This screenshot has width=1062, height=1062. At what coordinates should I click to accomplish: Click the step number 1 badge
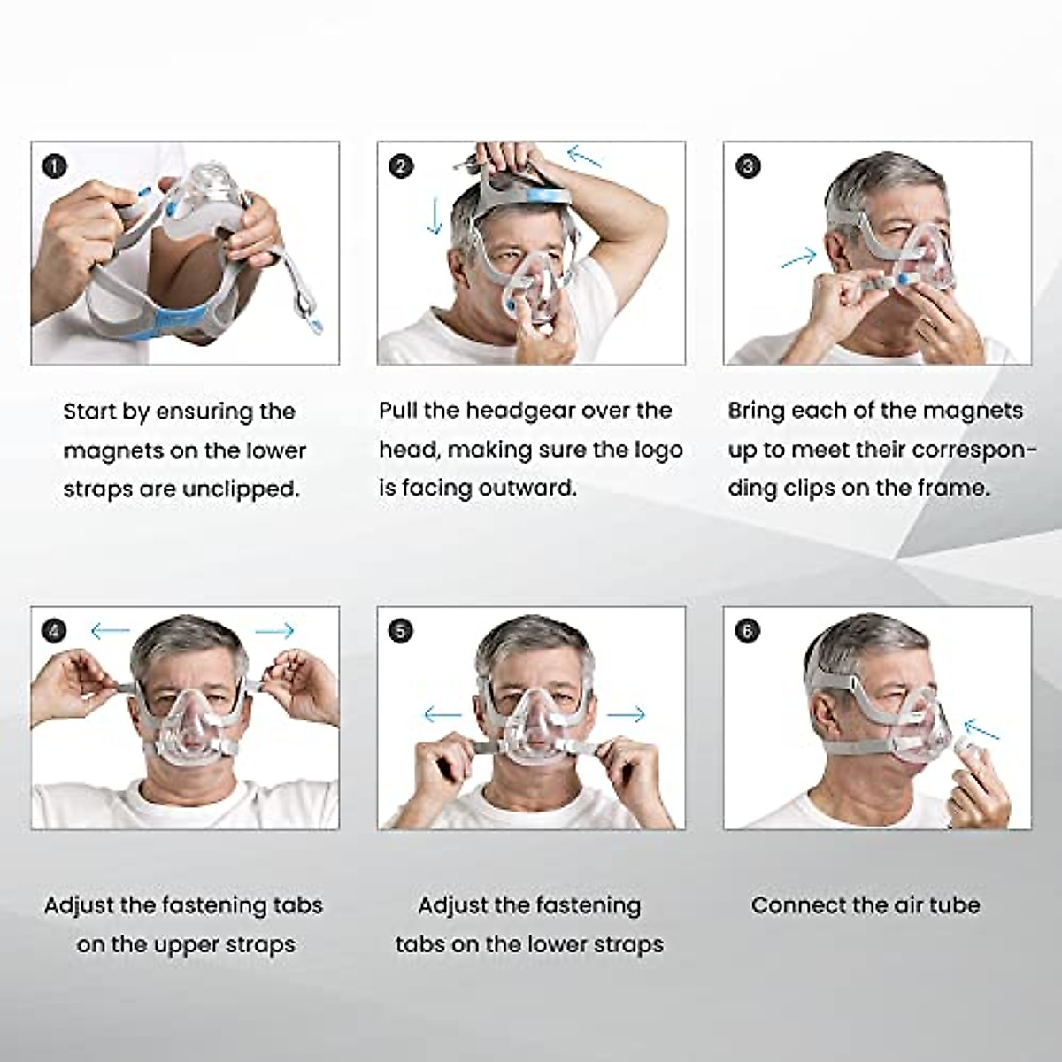(x=55, y=165)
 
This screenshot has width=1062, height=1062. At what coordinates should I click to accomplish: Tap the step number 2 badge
(x=401, y=165)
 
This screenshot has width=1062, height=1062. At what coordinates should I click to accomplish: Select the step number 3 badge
(x=748, y=165)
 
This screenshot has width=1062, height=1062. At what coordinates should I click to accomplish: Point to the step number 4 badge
(x=55, y=631)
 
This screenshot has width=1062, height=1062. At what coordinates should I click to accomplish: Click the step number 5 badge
(x=401, y=631)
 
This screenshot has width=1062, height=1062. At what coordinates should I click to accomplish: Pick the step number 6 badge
(x=748, y=631)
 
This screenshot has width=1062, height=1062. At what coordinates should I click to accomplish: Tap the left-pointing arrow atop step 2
(x=584, y=158)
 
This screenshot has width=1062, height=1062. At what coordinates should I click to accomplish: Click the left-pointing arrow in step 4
(x=111, y=631)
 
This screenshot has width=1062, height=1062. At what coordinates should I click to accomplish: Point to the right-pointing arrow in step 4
(x=274, y=631)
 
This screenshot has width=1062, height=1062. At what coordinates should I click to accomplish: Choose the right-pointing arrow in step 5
(x=627, y=714)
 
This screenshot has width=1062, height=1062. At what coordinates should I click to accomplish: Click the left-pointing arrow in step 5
(x=443, y=714)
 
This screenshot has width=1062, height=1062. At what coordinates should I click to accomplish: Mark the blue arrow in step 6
(x=981, y=730)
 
